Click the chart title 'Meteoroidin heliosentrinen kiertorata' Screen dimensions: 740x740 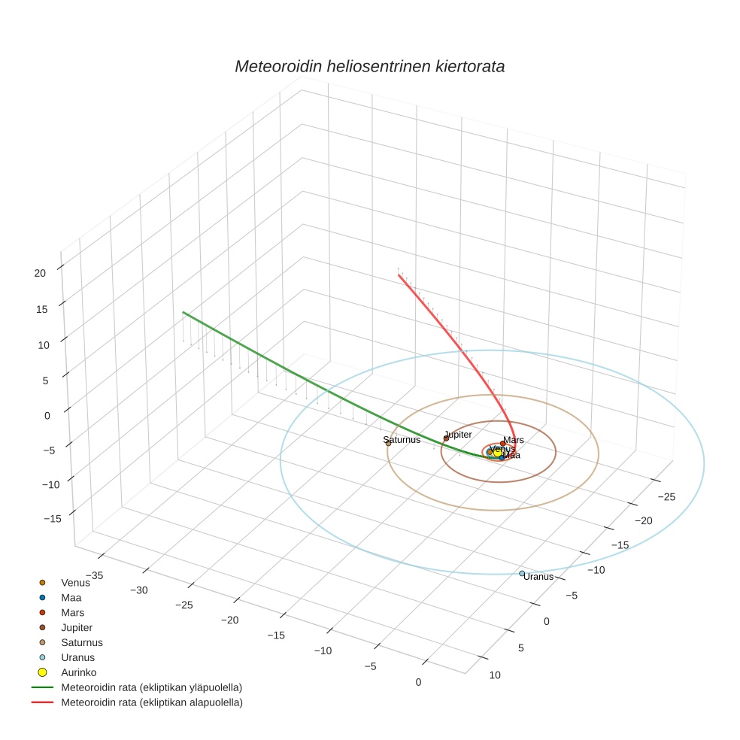(369, 66)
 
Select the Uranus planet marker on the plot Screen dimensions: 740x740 (522, 574)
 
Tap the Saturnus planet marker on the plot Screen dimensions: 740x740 (388, 443)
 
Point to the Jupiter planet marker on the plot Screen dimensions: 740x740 (446, 438)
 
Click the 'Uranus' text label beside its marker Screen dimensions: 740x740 (538, 577)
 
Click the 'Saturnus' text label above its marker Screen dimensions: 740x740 (401, 440)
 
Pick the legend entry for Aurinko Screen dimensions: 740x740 (78, 672)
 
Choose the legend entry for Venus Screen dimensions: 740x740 (75, 582)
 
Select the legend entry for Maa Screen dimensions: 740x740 (71, 597)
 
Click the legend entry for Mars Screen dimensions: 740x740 (73, 612)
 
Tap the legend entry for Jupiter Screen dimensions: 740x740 (77, 627)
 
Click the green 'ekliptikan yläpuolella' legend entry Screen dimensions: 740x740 (151, 687)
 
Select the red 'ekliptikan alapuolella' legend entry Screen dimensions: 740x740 (151, 702)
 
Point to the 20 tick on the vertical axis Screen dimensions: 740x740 (41, 273)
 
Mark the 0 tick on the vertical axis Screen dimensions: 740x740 (47, 415)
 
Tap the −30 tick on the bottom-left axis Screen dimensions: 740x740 (138, 590)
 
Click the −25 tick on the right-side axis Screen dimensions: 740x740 (666, 496)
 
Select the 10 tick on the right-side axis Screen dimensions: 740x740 (494, 675)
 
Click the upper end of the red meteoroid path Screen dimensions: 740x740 (399, 275)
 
